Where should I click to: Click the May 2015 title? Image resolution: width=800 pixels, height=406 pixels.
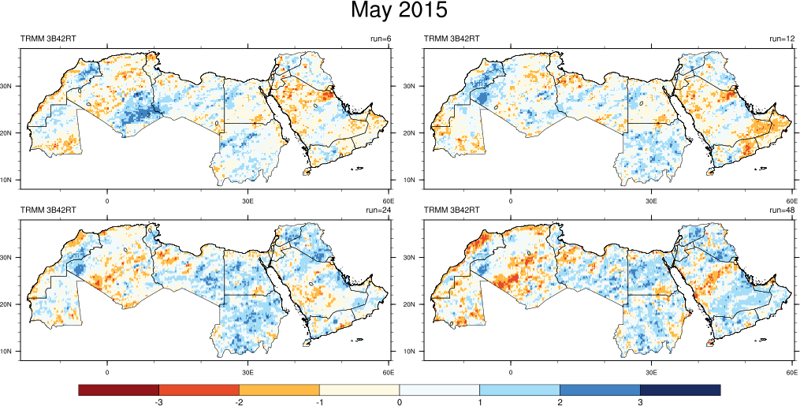coord(399,11)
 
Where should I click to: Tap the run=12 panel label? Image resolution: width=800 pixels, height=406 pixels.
coord(783,39)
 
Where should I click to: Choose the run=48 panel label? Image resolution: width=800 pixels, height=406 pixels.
coord(783,210)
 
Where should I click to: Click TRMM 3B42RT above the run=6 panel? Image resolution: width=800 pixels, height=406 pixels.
coord(48,39)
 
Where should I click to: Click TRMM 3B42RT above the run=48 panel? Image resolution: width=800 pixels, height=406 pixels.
coord(452,210)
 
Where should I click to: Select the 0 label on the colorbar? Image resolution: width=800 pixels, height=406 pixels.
coord(400,402)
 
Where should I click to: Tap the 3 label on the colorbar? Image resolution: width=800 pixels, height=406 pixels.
coord(640,402)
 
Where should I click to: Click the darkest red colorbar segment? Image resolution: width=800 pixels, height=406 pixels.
coord(119,389)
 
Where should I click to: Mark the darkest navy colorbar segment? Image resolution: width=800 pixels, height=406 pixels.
coord(680,389)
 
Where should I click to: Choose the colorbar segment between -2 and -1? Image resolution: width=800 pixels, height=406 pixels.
coord(279,389)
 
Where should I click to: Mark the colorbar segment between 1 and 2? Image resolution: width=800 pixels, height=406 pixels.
coord(519,389)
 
